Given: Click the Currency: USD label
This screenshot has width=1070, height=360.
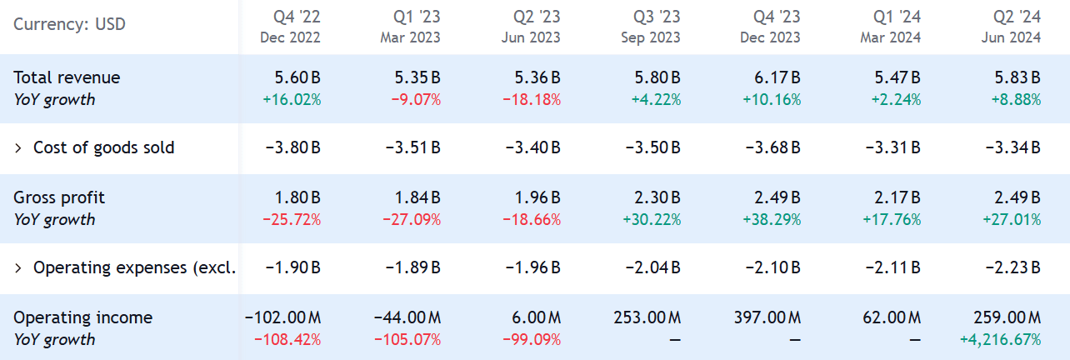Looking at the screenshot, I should pos(69,24).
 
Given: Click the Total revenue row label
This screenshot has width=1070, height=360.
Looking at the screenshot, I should pos(67,77).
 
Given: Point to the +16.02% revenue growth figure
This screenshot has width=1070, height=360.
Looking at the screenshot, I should pos(290,100).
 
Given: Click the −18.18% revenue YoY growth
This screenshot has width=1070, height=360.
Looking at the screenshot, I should pos(531,100).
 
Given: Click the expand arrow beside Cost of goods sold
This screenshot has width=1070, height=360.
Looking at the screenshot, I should pos(18,148).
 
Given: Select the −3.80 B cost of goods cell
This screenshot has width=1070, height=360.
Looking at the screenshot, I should pos(293,148).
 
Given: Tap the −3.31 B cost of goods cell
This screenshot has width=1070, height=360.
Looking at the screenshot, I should pos(893,148).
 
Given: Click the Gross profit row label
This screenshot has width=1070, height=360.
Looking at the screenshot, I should pos(58,197).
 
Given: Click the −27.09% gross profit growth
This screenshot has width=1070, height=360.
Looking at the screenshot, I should pos(411,220).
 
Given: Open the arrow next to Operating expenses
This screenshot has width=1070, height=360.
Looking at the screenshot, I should pos(18,268).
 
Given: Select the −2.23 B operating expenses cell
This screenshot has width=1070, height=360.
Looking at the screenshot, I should pos(1013,268).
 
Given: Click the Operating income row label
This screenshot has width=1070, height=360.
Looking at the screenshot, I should pos(82,317).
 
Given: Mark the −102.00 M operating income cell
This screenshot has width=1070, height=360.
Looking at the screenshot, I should pos(282,317).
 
